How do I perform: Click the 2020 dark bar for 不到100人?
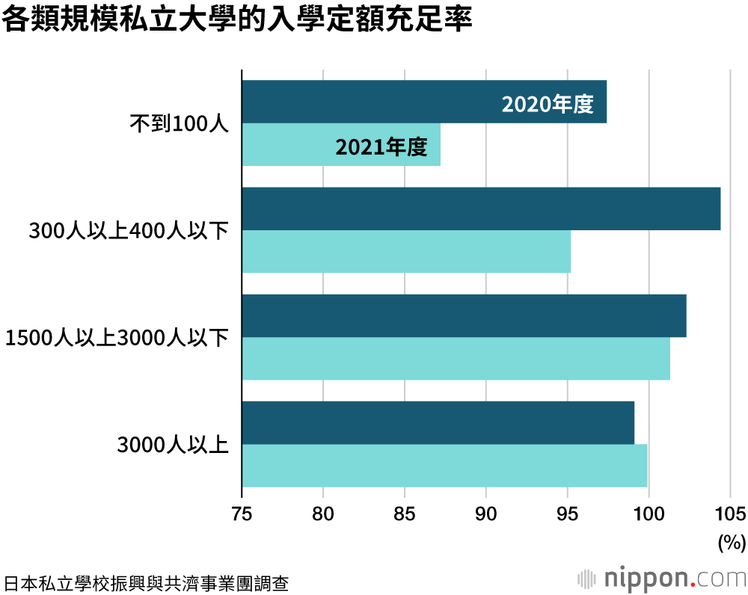point(374,102)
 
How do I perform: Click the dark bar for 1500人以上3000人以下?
point(464,316)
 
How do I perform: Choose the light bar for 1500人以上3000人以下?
point(456,359)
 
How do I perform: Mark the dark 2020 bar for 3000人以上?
point(438,423)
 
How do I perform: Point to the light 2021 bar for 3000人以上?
point(444,466)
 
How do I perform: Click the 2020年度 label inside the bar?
point(548,105)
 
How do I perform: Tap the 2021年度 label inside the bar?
point(381,147)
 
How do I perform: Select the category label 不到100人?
point(179,123)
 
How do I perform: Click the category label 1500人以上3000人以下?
point(117,339)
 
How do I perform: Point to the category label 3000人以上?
point(173,446)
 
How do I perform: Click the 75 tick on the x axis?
point(242,514)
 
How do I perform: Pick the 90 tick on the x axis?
point(486,514)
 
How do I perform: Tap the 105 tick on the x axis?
point(730,514)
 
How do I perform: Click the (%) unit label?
point(732,542)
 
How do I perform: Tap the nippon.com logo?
point(661,578)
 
